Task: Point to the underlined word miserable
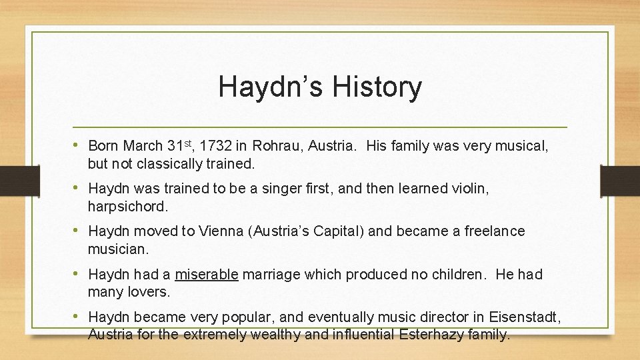[207, 275]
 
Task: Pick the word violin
[469, 189]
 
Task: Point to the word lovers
[150, 292]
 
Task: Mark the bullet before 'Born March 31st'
[79, 145]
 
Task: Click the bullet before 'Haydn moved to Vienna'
[79, 231]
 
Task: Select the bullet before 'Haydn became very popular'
[79, 317]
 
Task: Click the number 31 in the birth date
[175, 146]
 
